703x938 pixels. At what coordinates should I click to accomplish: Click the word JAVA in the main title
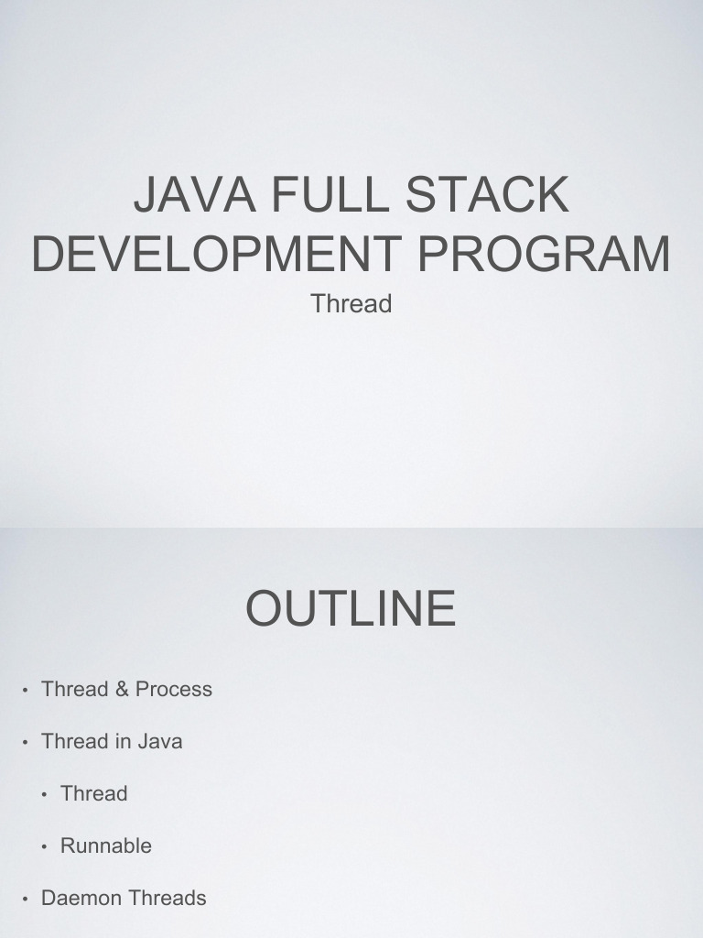(x=195, y=194)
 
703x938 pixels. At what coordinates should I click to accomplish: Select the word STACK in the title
(x=487, y=194)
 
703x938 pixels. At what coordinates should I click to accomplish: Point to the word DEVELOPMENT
(x=216, y=253)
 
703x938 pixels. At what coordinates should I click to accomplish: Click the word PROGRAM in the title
(x=544, y=253)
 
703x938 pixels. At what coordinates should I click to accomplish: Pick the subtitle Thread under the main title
(x=351, y=304)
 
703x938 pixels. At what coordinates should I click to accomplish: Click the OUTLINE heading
(x=351, y=608)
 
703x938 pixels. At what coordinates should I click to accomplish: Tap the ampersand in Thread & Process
(x=122, y=689)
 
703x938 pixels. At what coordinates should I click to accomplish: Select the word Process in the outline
(x=174, y=689)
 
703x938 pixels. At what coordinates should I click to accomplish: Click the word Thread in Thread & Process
(x=75, y=689)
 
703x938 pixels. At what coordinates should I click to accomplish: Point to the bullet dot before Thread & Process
(x=25, y=691)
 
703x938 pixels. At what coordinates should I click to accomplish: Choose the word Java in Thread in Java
(x=160, y=741)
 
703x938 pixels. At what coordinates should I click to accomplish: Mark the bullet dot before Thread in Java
(x=25, y=743)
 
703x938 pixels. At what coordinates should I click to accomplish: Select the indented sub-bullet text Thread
(x=94, y=793)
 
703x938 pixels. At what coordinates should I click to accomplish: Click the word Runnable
(x=106, y=845)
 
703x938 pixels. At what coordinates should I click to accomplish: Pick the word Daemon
(x=81, y=898)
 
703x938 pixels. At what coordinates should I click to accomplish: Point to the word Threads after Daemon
(x=168, y=898)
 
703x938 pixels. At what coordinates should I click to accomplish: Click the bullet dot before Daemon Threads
(x=25, y=900)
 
